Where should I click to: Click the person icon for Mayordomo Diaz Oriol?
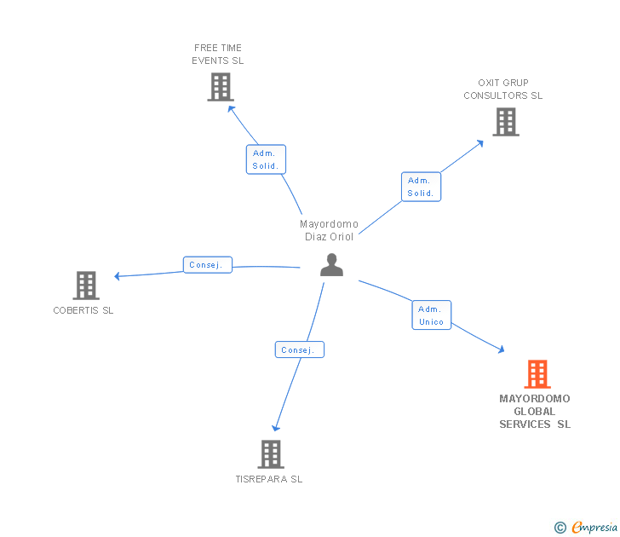(331, 265)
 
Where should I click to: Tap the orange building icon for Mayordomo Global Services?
(537, 373)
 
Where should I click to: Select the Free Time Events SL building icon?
(220, 87)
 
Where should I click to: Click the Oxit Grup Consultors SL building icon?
(505, 122)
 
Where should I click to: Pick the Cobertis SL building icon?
(85, 286)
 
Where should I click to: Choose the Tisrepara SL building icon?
(270, 454)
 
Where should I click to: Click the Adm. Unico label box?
(431, 315)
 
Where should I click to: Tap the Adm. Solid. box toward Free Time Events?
(266, 159)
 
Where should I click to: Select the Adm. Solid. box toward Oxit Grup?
(421, 187)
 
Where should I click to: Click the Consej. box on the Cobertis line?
(207, 265)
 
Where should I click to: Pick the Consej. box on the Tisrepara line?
(299, 349)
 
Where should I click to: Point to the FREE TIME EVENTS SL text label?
(218, 55)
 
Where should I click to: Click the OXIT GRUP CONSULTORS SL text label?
(502, 89)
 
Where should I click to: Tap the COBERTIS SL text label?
(83, 310)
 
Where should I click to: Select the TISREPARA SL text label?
(269, 479)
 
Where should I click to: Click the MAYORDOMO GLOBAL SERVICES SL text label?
(535, 411)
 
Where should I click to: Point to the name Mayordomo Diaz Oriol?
(329, 230)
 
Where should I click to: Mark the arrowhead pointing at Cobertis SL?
(118, 275)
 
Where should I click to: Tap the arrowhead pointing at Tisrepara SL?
(274, 429)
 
